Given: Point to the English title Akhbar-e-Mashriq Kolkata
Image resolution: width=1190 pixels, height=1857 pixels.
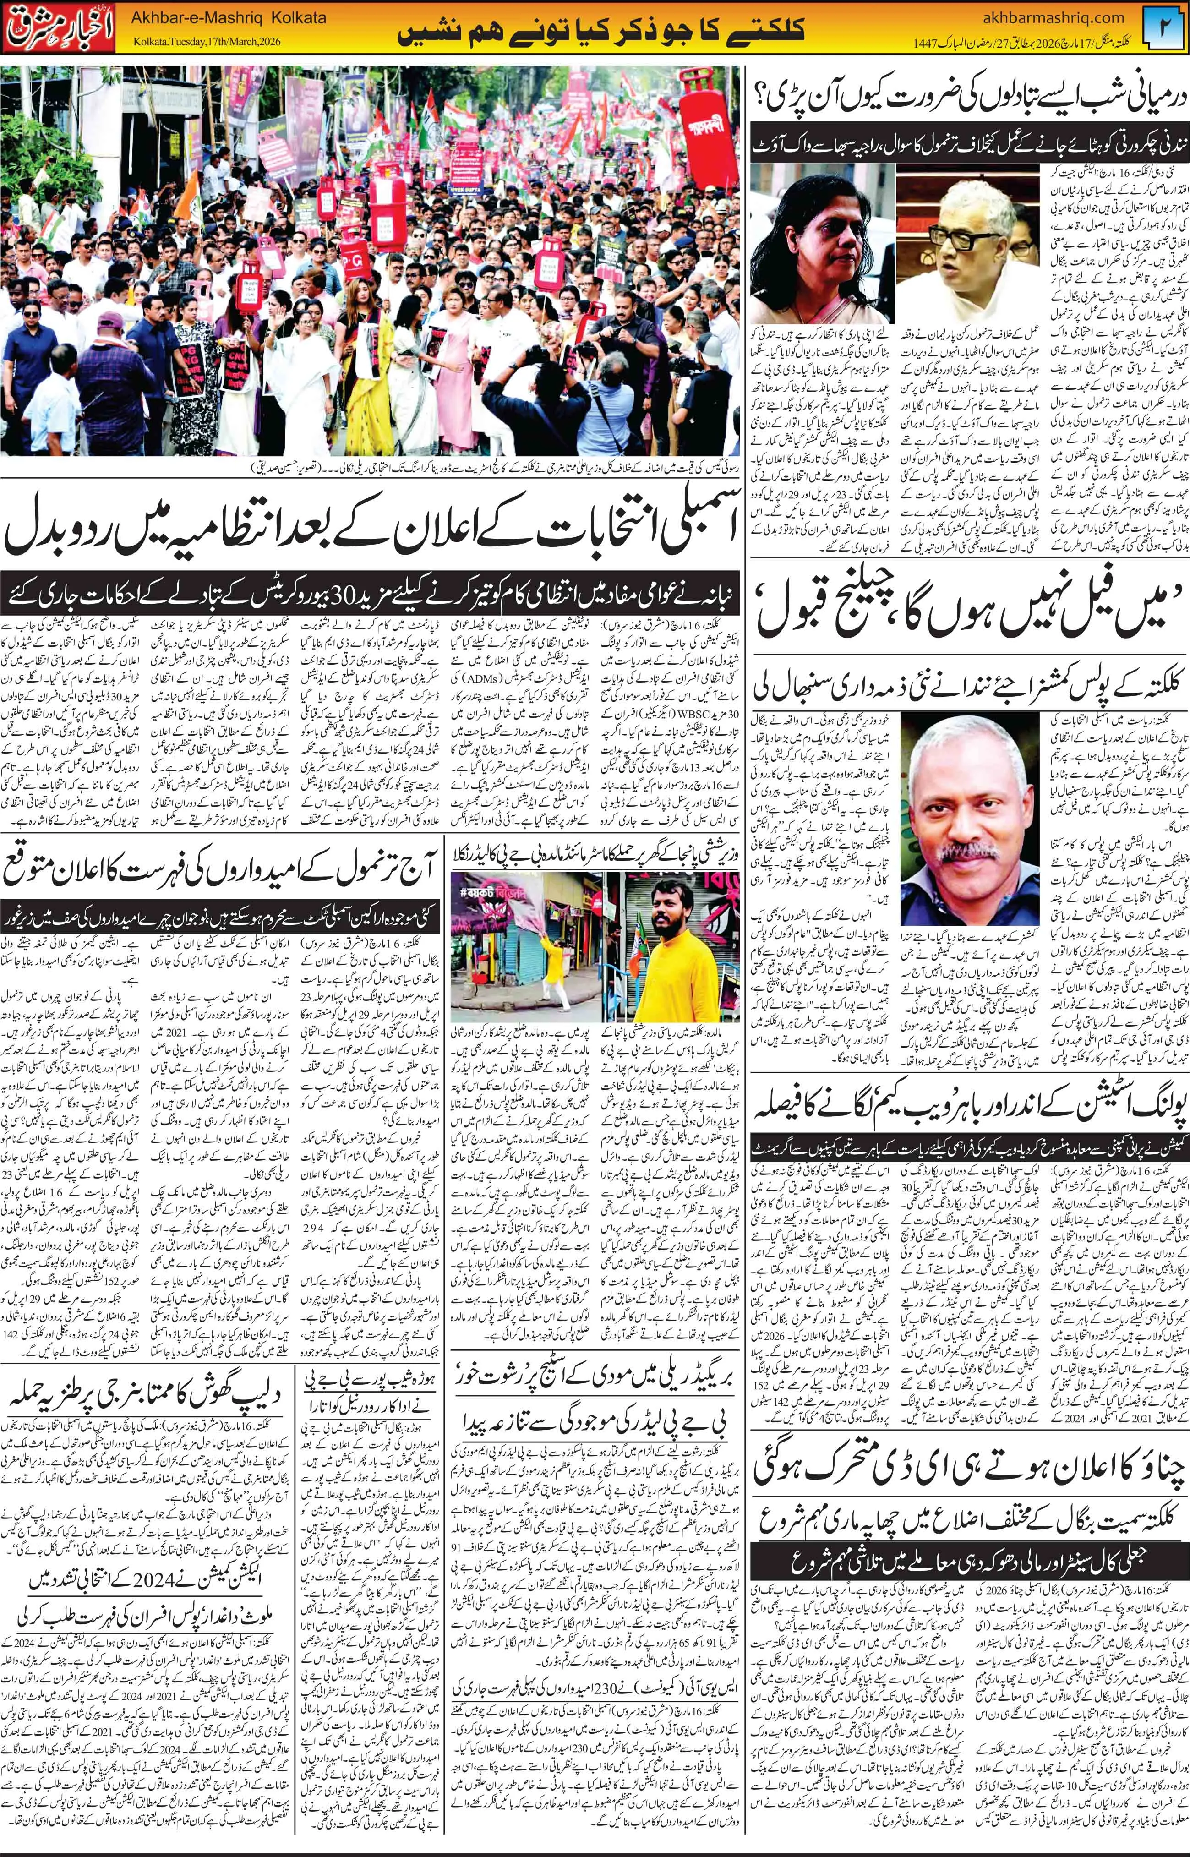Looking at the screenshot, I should [229, 17].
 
